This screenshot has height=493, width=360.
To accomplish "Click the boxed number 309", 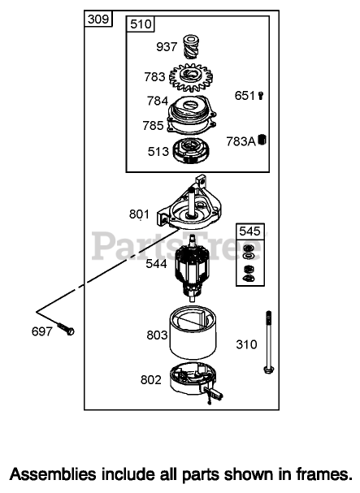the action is [x=98, y=19].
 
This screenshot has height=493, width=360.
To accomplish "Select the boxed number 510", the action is [x=141, y=24].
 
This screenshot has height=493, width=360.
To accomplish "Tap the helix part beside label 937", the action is [x=191, y=47].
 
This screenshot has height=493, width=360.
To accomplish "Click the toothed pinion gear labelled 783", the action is [x=191, y=77].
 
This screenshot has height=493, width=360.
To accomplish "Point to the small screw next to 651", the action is [x=261, y=95].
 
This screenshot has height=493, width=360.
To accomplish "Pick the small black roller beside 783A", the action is [x=262, y=139].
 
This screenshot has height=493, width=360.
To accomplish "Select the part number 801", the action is [x=139, y=214].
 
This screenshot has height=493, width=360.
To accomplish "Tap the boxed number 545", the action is [x=249, y=231].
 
